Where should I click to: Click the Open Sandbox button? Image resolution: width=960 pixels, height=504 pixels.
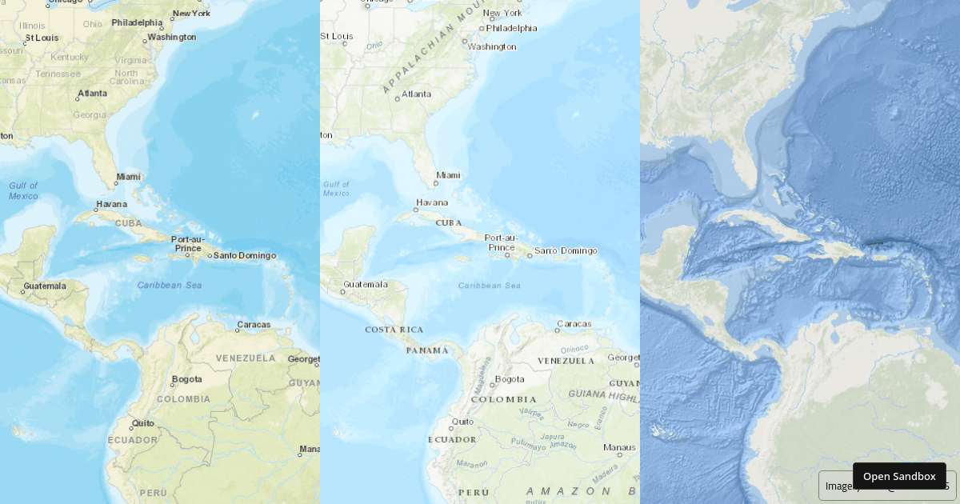pyautogui.click(x=899, y=476)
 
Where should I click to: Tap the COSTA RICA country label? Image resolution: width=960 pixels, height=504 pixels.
pyautogui.click(x=394, y=330)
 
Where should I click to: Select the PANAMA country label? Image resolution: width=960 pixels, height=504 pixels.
pyautogui.click(x=426, y=350)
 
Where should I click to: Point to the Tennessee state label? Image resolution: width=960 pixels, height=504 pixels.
pyautogui.click(x=58, y=74)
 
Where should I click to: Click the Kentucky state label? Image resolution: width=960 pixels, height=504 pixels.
pyautogui.click(x=70, y=57)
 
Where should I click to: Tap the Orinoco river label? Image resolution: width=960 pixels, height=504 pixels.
pyautogui.click(x=574, y=349)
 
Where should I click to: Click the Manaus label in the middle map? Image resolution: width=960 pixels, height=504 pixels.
pyautogui.click(x=619, y=447)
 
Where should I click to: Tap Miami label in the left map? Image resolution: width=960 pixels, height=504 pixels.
pyautogui.click(x=128, y=177)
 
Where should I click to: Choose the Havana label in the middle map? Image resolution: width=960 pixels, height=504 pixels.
pyautogui.click(x=431, y=202)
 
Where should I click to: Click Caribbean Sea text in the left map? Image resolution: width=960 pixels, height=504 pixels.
pyautogui.click(x=169, y=285)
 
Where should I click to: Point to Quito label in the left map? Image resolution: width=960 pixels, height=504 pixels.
pyautogui.click(x=143, y=422)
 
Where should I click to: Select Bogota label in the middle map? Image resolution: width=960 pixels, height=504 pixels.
pyautogui.click(x=510, y=379)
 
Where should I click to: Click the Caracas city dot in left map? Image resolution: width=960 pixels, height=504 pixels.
pyautogui.click(x=238, y=330)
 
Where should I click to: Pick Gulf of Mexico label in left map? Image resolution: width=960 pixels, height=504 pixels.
pyautogui.click(x=23, y=190)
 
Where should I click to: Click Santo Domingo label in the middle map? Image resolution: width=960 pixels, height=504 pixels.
pyautogui.click(x=566, y=251)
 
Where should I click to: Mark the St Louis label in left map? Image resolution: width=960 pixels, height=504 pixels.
pyautogui.click(x=42, y=38)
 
